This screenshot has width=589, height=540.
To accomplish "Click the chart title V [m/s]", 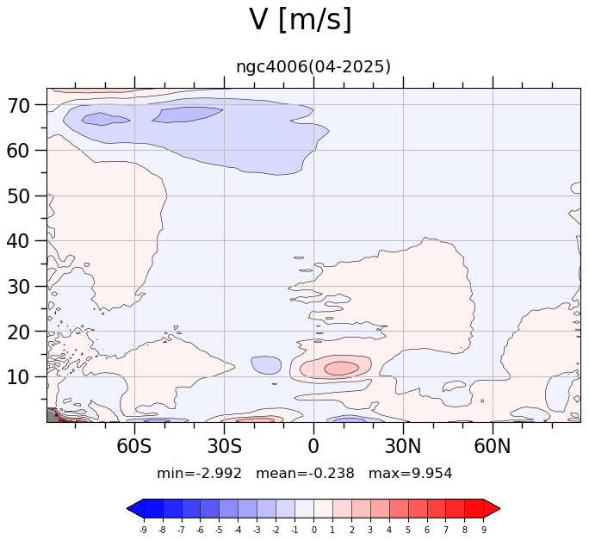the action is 301,20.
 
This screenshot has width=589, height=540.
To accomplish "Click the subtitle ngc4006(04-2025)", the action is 313,67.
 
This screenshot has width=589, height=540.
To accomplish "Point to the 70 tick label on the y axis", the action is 18,106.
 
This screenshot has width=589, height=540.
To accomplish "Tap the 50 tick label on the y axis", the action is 18,196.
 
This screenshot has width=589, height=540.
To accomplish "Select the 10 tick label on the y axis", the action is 18,377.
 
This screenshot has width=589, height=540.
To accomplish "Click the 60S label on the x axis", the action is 134,446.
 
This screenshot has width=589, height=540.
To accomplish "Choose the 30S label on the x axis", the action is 224,446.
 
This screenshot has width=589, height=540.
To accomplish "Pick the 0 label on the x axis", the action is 313,446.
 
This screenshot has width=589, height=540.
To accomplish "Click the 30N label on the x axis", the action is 403,446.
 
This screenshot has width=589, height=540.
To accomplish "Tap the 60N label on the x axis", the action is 493,446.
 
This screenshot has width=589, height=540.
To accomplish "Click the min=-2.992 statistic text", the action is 199,473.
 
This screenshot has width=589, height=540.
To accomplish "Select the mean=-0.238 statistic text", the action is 305,473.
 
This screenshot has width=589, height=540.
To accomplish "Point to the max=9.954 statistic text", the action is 410,473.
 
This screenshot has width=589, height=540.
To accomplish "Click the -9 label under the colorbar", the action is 143,530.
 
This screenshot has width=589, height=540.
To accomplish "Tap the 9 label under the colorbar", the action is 484,530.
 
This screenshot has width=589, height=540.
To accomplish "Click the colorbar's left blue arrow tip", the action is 127,509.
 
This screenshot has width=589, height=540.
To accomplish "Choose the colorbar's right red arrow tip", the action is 500,509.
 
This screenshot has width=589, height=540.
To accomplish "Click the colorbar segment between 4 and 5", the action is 399,509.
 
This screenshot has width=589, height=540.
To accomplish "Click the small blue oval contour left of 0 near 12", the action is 266,365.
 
